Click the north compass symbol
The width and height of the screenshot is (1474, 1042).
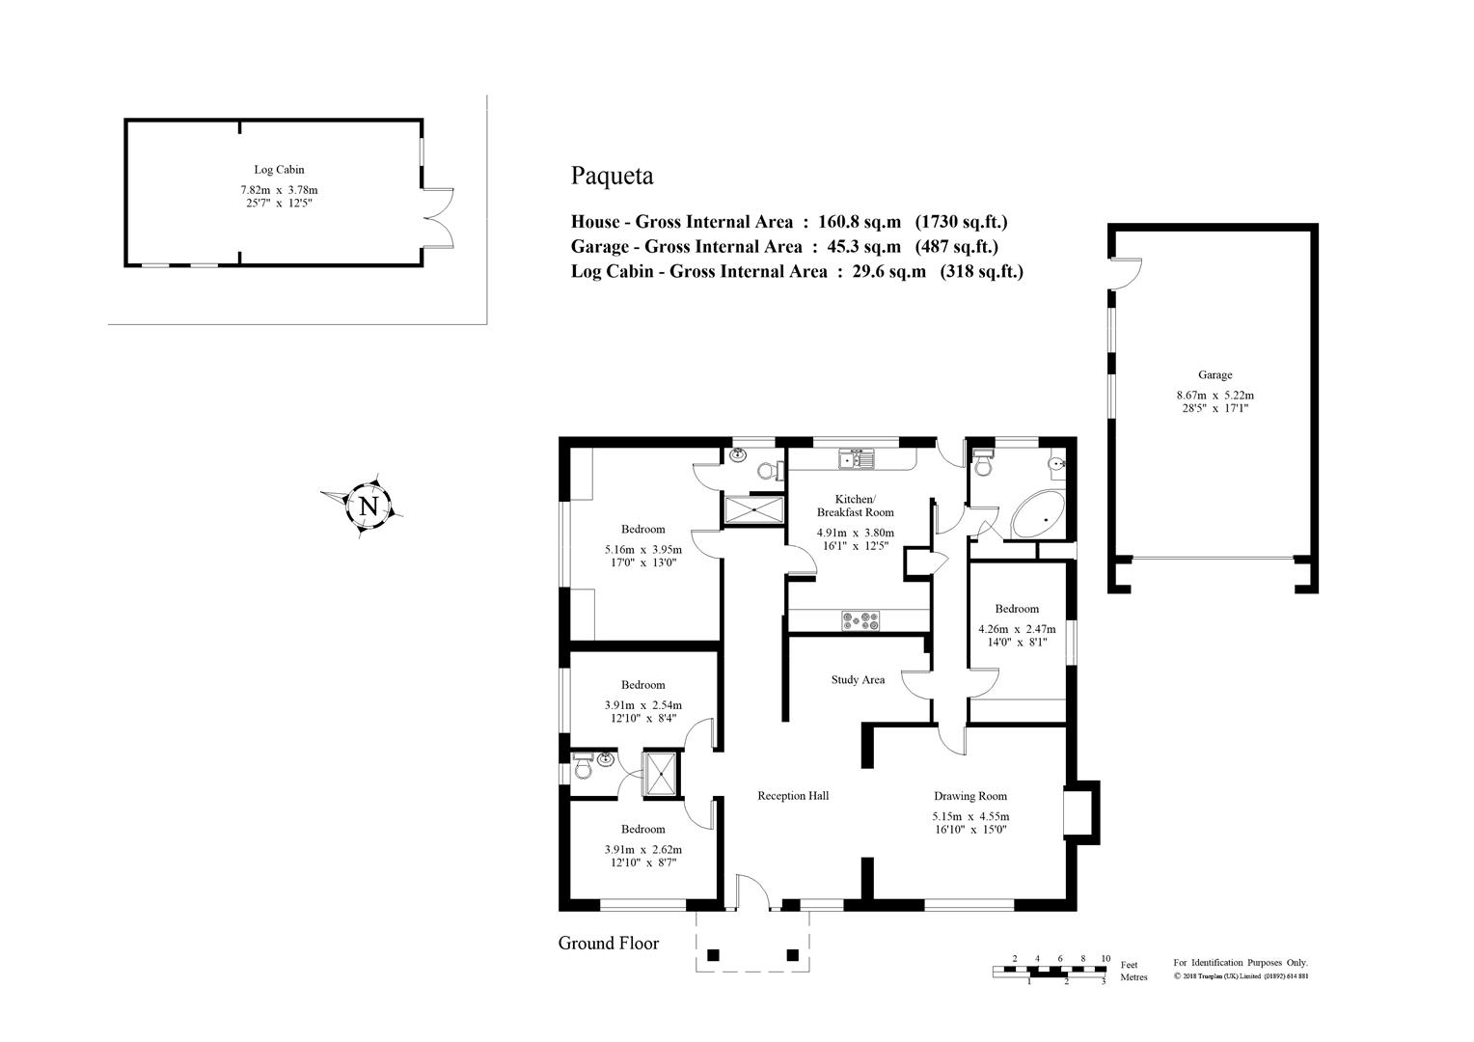tap(366, 507)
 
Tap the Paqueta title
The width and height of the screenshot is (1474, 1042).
tap(612, 177)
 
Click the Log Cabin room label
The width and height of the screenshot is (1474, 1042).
tap(279, 170)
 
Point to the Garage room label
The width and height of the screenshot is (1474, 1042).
tap(1215, 375)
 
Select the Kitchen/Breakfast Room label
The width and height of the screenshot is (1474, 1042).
tap(856, 506)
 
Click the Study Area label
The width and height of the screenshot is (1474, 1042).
tap(858, 680)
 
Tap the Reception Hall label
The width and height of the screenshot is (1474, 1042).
tap(793, 796)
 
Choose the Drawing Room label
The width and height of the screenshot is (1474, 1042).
tap(970, 796)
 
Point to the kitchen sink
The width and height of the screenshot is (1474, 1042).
tap(857, 458)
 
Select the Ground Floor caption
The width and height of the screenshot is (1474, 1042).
tap(608, 944)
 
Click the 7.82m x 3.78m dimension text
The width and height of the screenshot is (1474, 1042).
tap(279, 190)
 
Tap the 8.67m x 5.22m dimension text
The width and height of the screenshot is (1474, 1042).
tap(1215, 396)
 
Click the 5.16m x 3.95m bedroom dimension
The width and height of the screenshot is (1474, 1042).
tap(642, 550)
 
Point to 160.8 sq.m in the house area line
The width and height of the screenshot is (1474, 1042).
tap(860, 222)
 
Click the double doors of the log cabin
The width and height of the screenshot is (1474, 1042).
tap(438, 219)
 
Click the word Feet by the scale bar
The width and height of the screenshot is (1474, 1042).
tap(1130, 965)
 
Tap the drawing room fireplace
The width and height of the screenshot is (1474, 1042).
tap(1079, 812)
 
